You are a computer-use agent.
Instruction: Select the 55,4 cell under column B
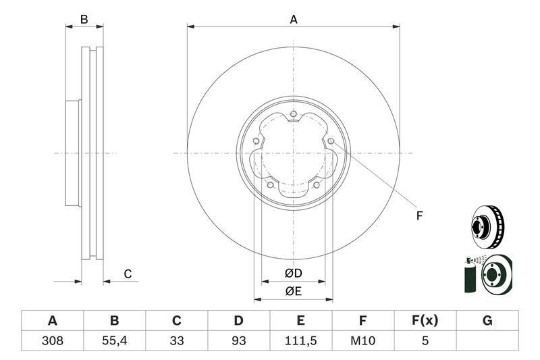(114, 341)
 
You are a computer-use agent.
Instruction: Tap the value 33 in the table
(177, 341)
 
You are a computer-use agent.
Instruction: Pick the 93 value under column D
(239, 341)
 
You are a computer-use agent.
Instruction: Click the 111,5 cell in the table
(301, 341)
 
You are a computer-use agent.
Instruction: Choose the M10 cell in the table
(363, 341)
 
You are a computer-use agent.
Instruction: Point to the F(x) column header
(425, 321)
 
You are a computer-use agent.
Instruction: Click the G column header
(487, 321)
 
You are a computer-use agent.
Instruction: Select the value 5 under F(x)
(425, 341)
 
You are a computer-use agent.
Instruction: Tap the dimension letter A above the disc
(294, 20)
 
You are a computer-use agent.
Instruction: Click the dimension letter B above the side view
(84, 20)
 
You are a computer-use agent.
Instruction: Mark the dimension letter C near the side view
(127, 274)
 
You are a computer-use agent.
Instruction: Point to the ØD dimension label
(293, 274)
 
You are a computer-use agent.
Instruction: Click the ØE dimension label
(293, 291)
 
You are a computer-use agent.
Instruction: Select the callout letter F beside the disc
(418, 216)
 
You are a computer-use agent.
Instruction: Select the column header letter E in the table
(301, 321)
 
